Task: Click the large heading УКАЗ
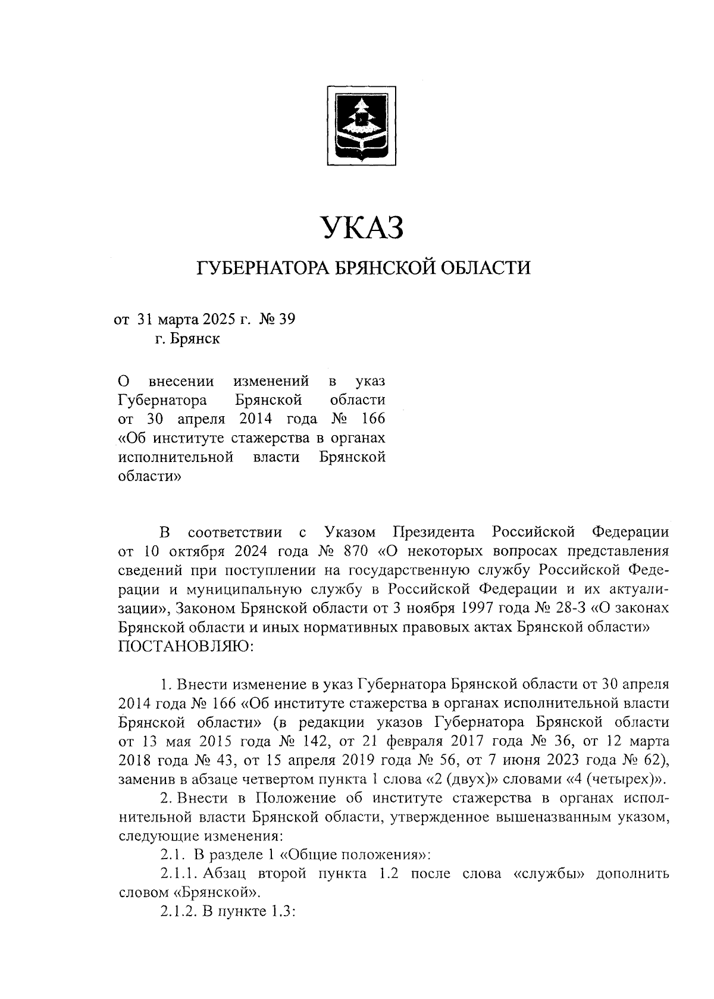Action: coord(363,228)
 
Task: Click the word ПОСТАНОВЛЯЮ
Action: coord(186,647)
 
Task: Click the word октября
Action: coord(184,550)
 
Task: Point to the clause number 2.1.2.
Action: coord(177,913)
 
